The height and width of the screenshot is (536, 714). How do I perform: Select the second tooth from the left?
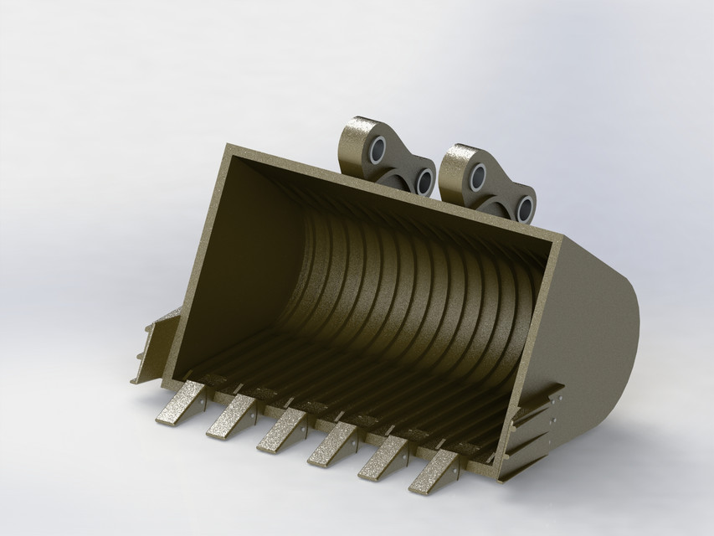pyautogui.click(x=231, y=416)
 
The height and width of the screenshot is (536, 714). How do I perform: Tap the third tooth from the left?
pyautogui.click(x=281, y=430)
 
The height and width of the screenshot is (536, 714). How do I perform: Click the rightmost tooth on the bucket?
pyautogui.click(x=434, y=472)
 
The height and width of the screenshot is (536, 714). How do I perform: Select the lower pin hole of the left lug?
pyautogui.click(x=424, y=181)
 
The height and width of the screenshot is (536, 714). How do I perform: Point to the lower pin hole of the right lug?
pyautogui.click(x=525, y=209)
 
